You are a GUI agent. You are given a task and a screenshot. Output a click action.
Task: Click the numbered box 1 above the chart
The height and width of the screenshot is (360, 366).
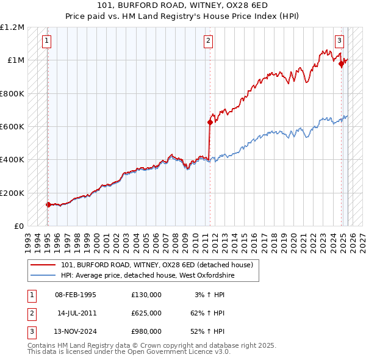tap(47, 41)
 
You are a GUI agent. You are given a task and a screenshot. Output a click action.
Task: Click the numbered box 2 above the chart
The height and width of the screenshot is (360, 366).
tap(209, 41)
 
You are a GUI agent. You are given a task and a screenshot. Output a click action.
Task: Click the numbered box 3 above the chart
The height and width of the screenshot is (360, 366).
tap(339, 41)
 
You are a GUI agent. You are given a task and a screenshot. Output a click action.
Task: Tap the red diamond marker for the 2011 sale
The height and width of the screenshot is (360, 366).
tap(210, 122)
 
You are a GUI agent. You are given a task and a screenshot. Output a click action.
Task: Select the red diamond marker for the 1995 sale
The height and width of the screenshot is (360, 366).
tap(48, 204)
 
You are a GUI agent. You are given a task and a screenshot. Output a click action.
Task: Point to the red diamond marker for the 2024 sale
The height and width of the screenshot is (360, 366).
tap(342, 63)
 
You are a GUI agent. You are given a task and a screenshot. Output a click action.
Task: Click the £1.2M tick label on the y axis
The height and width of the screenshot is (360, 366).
tap(12, 27)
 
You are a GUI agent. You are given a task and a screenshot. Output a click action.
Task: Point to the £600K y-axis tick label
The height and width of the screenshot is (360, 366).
tap(12, 127)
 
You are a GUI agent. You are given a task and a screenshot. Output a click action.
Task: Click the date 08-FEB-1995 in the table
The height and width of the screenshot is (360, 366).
tap(76, 295)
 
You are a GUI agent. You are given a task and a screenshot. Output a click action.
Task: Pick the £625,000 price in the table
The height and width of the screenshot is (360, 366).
tap(146, 313)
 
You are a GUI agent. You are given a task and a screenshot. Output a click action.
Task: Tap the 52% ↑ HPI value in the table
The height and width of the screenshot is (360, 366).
tap(207, 331)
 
